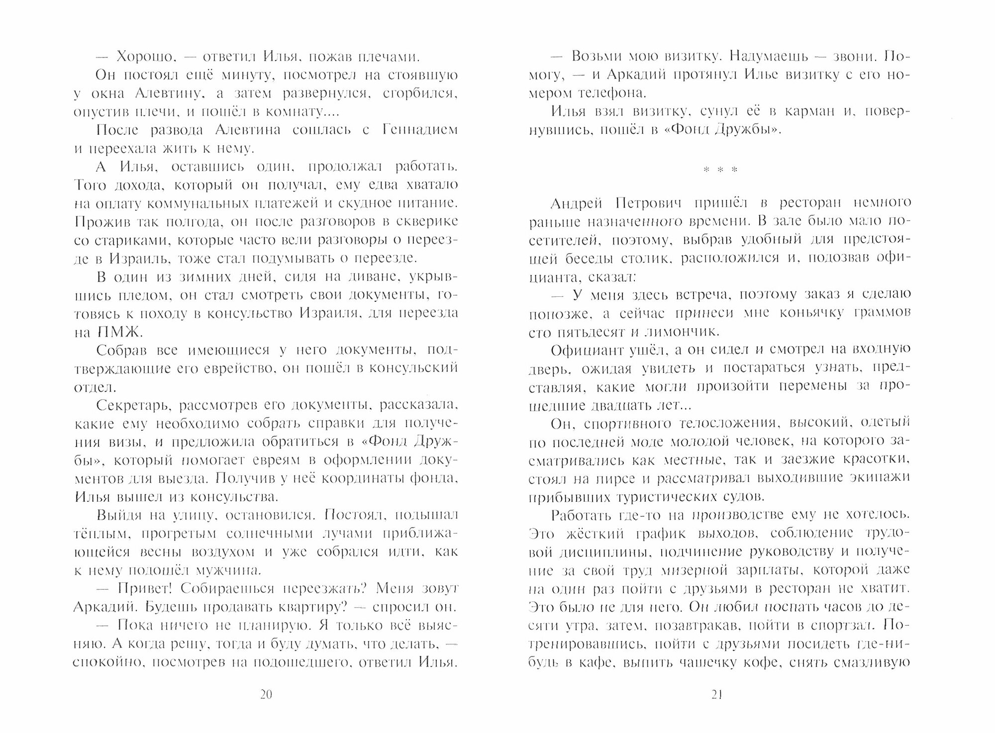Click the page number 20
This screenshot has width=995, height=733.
pos(266,695)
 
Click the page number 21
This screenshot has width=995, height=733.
pos(716,695)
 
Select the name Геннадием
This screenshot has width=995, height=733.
pos(420,130)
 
